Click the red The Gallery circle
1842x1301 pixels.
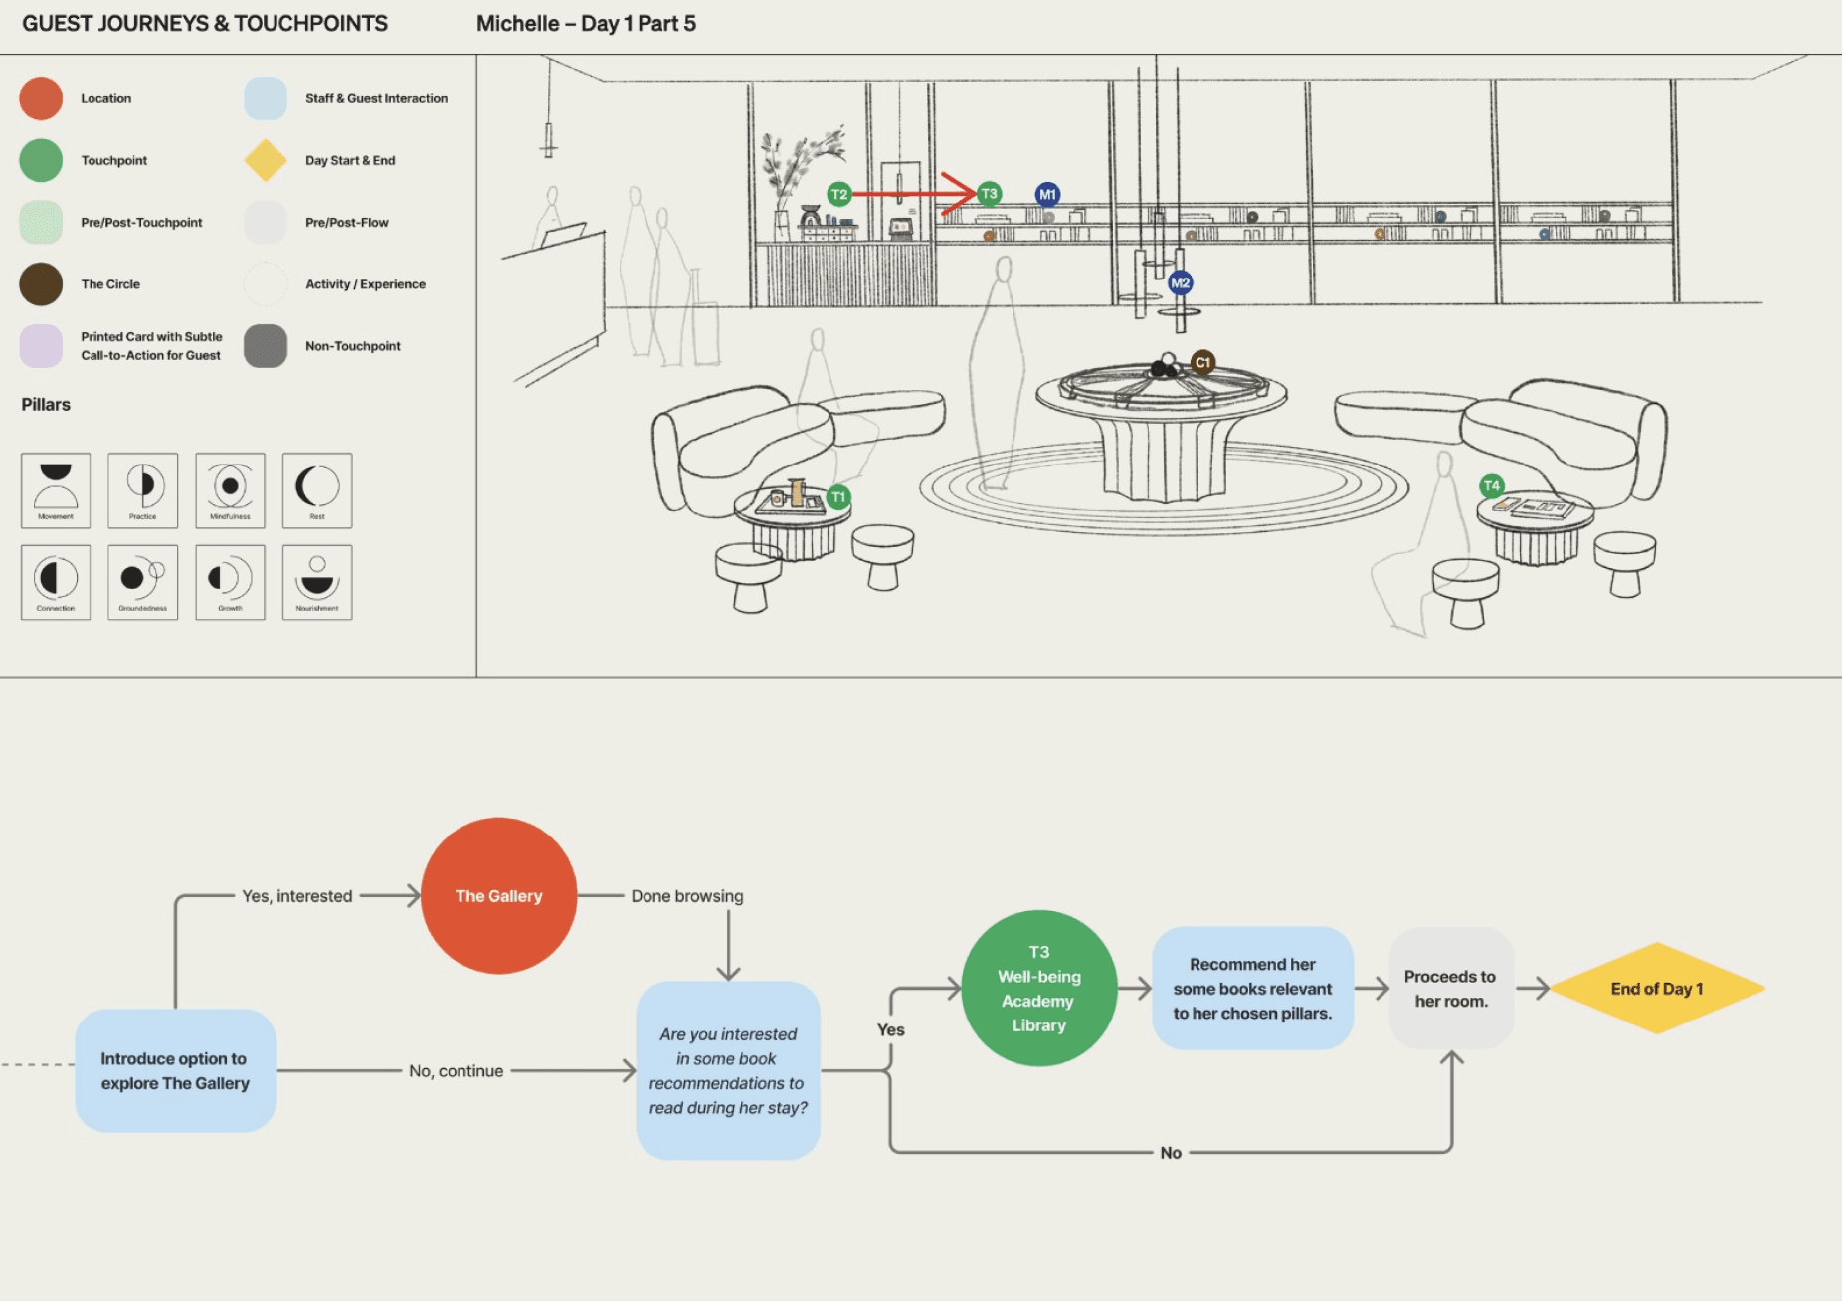pyautogui.click(x=498, y=895)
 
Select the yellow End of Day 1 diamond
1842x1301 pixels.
pyautogui.click(x=1657, y=988)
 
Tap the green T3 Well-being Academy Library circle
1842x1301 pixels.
pyautogui.click(x=1039, y=988)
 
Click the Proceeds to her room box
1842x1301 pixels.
pyautogui.click(x=1451, y=988)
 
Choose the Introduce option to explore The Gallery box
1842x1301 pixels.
pyautogui.click(x=175, y=1070)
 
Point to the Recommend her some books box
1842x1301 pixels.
pyautogui.click(x=1252, y=988)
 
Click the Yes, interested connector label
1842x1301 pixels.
pyautogui.click(x=296, y=896)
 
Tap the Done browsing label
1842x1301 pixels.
pyautogui.click(x=686, y=896)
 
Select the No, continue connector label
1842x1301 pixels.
pyautogui.click(x=456, y=1071)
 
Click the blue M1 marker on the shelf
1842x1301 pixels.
pyautogui.click(x=1047, y=194)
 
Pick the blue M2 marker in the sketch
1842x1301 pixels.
pyautogui.click(x=1180, y=282)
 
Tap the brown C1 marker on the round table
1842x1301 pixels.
pyautogui.click(x=1202, y=362)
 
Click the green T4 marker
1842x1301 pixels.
pyautogui.click(x=1491, y=485)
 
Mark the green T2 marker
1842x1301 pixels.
pyautogui.click(x=839, y=194)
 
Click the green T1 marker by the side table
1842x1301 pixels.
pyautogui.click(x=838, y=497)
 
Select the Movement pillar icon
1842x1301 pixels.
pyautogui.click(x=56, y=489)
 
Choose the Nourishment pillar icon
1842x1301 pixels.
pyautogui.click(x=317, y=582)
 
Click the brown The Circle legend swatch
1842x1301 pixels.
pyautogui.click(x=41, y=283)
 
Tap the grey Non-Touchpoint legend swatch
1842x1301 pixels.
pyautogui.click(x=266, y=346)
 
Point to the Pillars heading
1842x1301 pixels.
pyautogui.click(x=46, y=405)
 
